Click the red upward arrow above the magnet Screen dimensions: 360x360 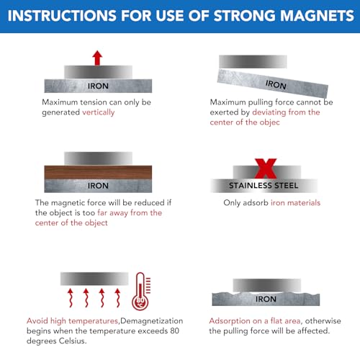pyautogui.click(x=98, y=58)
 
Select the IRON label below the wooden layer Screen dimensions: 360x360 pyautogui.click(x=98, y=186)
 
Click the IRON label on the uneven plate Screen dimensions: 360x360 pyautogui.click(x=266, y=299)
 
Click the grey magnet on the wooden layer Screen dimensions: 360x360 pyautogui.click(x=98, y=158)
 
